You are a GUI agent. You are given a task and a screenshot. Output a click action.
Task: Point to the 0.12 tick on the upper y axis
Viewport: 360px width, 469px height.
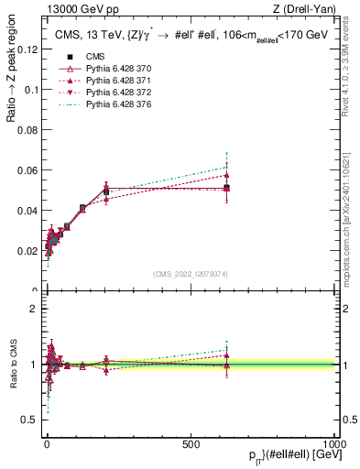28,49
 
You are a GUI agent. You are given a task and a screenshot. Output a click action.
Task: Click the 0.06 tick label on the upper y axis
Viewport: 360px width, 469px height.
28,170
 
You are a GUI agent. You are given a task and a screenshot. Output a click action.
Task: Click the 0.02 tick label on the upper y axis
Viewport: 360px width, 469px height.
28,251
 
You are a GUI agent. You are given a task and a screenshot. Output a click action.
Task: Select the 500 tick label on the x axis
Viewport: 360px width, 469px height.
191,443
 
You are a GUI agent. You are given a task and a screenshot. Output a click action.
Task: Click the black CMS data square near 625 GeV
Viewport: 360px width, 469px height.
226,187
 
